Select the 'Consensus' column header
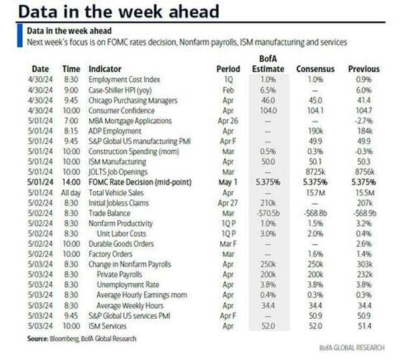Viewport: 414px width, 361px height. click(315, 69)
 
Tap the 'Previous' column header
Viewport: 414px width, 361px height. click(363, 69)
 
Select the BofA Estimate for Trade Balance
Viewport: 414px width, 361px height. click(266, 213)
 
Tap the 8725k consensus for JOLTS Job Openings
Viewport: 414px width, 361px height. click(316, 172)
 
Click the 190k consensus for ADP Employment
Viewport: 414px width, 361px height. click(316, 131)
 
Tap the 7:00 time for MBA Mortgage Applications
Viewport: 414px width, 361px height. click(71, 121)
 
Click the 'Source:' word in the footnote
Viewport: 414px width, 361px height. click(39, 338)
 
